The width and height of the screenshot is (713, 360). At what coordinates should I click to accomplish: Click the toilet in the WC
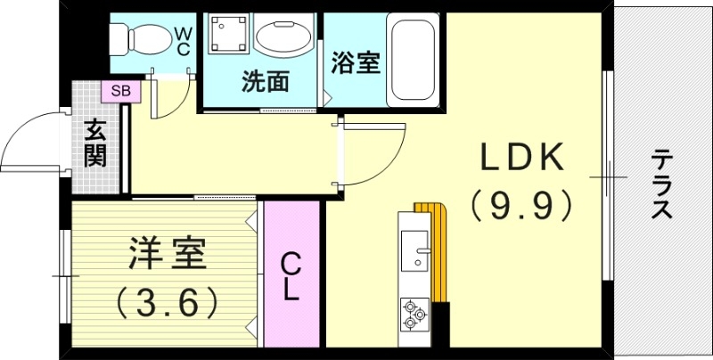[x=142, y=39]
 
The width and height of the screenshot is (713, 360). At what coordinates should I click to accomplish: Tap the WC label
[x=184, y=41]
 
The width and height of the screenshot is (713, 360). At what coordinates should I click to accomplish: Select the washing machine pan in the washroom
[x=229, y=33]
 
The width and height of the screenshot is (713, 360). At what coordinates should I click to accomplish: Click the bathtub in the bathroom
[x=413, y=60]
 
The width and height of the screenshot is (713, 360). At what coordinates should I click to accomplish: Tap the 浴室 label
[x=355, y=62]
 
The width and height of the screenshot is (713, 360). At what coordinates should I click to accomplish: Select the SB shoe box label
[x=121, y=92]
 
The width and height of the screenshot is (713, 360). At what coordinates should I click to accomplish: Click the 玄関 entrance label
[x=95, y=143]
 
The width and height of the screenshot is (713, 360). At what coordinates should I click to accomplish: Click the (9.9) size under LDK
[x=521, y=206]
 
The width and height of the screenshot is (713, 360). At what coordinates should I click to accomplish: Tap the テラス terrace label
[x=661, y=184]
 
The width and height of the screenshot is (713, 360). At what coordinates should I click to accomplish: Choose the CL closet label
[x=291, y=277]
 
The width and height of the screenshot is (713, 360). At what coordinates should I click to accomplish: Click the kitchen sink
[x=414, y=250]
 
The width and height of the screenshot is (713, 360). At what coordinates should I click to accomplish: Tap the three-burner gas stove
[x=414, y=315]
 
